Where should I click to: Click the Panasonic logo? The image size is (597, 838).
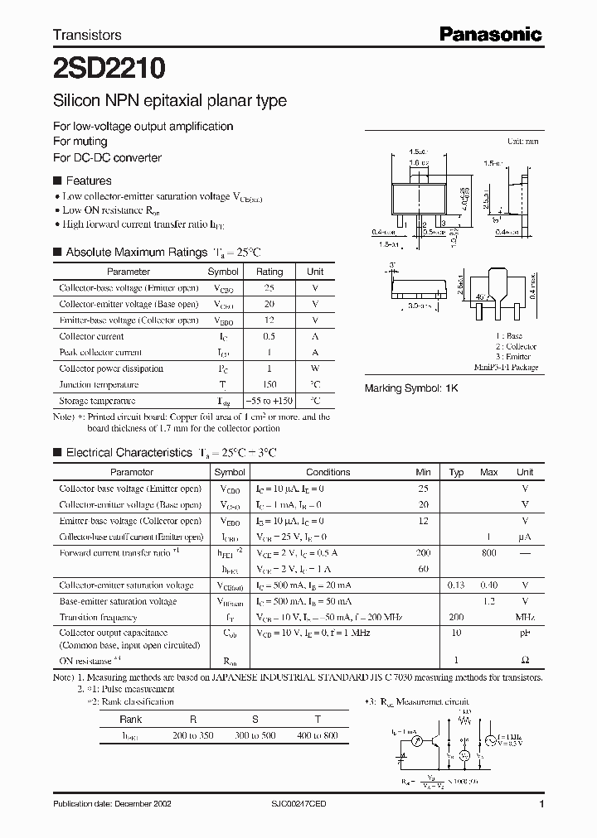point(490,34)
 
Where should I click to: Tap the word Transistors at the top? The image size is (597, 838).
point(87,35)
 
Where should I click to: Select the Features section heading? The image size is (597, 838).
point(88,181)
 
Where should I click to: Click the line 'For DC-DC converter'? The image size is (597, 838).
point(107,157)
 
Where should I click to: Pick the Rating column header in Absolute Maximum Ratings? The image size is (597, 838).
point(269,272)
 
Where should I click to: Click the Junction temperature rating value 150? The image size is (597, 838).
point(269,384)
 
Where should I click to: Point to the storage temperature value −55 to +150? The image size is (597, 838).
point(269,401)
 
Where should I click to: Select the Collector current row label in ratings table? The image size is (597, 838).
point(91,336)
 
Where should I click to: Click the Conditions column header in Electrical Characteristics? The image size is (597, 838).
point(328,472)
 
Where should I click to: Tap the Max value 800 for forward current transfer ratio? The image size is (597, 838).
point(489,552)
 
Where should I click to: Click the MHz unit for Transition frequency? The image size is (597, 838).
point(525,618)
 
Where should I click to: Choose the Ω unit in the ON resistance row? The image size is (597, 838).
point(525,661)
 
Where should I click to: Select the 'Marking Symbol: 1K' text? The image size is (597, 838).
point(412,388)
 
